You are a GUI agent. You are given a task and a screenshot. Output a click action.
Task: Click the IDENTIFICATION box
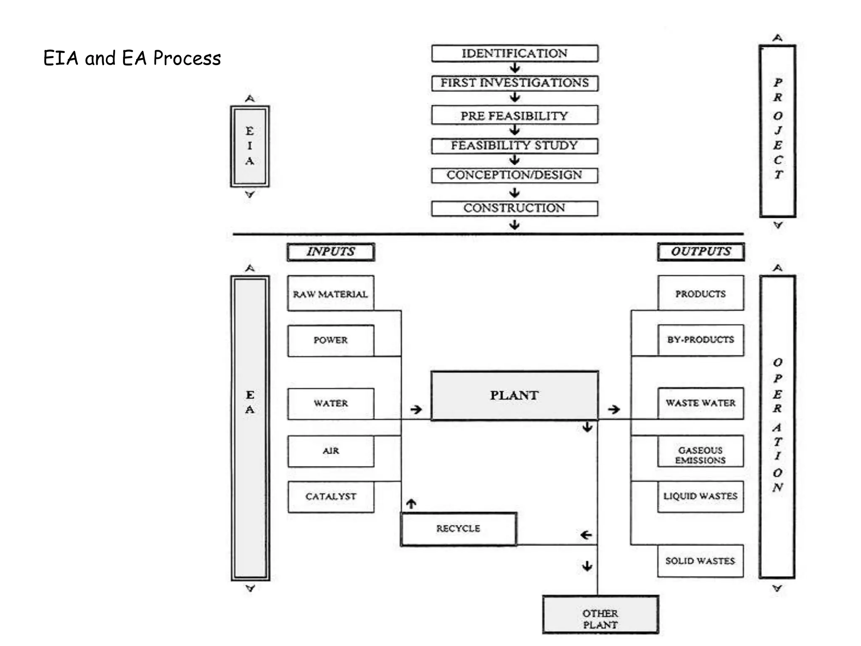point(515,53)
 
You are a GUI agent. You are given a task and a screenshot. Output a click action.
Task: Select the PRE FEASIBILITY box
point(515,115)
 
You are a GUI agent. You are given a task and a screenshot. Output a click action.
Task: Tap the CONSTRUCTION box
point(515,208)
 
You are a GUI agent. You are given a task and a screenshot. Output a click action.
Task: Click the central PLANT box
point(515,395)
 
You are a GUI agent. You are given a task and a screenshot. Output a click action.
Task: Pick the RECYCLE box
point(458,529)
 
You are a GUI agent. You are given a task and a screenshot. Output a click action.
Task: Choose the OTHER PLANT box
point(600,619)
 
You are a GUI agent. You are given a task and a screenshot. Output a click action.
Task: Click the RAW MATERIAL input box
point(330,294)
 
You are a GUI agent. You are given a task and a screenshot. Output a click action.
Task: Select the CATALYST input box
point(331,496)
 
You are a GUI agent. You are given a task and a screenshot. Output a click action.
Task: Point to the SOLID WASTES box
point(700,561)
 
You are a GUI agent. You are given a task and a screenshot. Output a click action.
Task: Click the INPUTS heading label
point(331,252)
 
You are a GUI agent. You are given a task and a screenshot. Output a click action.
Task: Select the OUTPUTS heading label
point(701,252)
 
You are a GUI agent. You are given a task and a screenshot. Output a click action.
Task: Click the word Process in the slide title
point(187,58)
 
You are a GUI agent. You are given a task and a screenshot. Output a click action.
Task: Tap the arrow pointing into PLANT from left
point(416,409)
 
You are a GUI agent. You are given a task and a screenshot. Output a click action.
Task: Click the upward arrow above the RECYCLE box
point(411,503)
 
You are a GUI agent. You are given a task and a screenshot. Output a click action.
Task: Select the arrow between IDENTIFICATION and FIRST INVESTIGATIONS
point(515,68)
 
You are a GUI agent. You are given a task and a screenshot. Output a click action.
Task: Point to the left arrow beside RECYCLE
point(586,535)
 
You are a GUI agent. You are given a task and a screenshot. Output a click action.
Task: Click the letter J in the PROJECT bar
point(778,130)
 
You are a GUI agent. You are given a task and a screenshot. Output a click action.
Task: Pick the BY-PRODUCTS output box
point(700,340)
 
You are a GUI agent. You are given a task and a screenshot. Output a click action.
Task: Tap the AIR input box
point(331,451)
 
